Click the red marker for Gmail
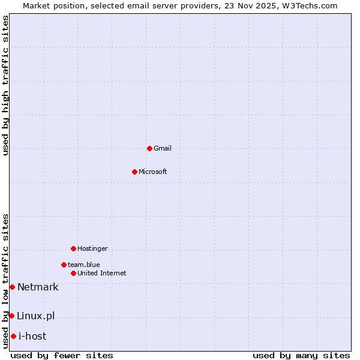(x=149, y=148)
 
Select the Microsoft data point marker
(x=134, y=172)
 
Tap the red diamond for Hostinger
(x=73, y=248)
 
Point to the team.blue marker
(x=64, y=265)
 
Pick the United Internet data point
(x=73, y=273)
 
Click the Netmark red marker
(x=12, y=287)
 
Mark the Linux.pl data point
(x=11, y=316)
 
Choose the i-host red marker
(x=13, y=336)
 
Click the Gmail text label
(x=163, y=148)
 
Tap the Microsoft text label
(x=153, y=172)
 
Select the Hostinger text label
(x=92, y=248)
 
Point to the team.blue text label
(x=84, y=265)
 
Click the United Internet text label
(x=102, y=273)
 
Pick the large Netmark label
(x=38, y=287)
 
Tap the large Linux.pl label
(x=35, y=316)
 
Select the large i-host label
(x=32, y=336)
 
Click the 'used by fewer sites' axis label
(x=62, y=355)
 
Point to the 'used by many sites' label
(x=301, y=355)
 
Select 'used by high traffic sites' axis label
(x=5, y=85)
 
